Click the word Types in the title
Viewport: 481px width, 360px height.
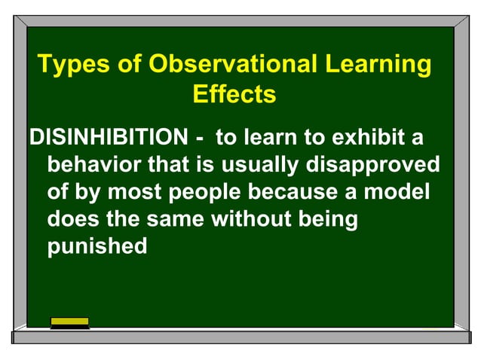[x=73, y=65]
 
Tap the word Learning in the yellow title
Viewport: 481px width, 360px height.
[x=378, y=65]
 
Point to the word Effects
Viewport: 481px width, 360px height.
[x=234, y=93]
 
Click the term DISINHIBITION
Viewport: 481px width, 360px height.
[x=109, y=136]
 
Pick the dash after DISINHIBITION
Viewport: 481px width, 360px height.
[x=199, y=139]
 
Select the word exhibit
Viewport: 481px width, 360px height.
[x=368, y=136]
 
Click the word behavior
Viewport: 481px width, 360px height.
[x=94, y=163]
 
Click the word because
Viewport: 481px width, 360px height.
[x=293, y=192]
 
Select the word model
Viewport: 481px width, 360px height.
[x=397, y=191]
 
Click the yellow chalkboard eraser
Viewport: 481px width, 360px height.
[x=69, y=323]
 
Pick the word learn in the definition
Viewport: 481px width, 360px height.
[x=270, y=137]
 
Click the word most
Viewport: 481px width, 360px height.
[x=134, y=192]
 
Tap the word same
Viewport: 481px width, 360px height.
[x=175, y=219]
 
